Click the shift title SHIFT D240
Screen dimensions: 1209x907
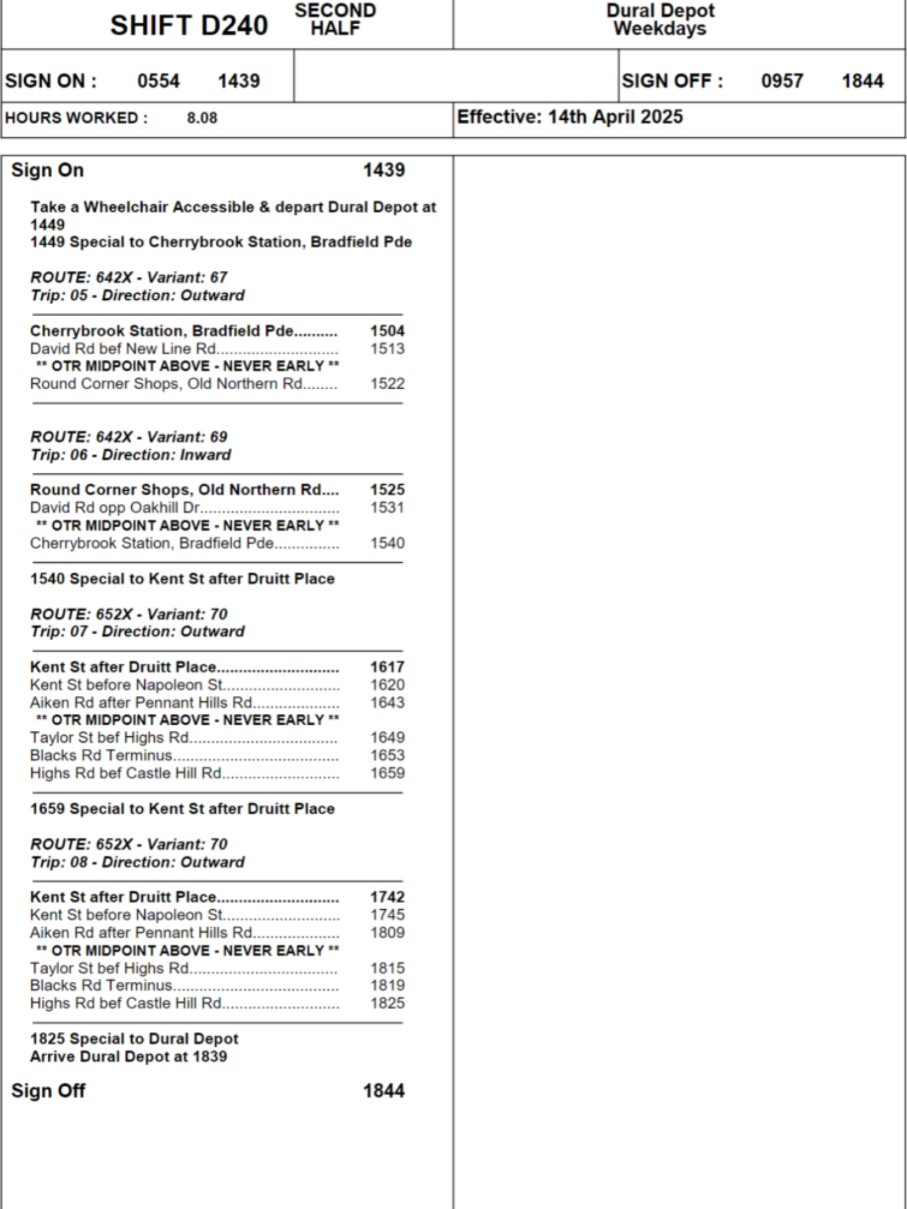point(189,25)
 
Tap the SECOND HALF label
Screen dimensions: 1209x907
point(335,19)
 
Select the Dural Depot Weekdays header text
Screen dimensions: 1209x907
point(660,19)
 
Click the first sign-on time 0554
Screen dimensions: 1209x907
point(158,81)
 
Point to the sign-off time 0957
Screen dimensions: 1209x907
point(782,81)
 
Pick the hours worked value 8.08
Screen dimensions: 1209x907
point(202,118)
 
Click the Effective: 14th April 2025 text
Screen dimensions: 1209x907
point(570,117)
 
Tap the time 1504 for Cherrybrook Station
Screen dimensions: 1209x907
point(387,331)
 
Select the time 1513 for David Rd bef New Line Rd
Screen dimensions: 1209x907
point(387,349)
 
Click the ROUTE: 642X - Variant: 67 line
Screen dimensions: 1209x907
point(129,277)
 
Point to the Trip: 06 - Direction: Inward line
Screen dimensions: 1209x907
point(131,455)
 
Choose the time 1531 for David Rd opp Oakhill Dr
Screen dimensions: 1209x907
point(387,508)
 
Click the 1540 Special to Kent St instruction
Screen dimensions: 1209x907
point(182,579)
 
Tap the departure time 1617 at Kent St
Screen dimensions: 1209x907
point(387,667)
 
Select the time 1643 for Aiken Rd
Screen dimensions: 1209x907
point(387,702)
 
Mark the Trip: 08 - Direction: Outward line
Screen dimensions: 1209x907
point(137,862)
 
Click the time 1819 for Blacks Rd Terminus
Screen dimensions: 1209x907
point(387,985)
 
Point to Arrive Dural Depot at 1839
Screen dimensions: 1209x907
point(129,1057)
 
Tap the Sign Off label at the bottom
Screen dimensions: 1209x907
point(48,1091)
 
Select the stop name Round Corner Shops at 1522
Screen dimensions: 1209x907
point(166,384)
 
